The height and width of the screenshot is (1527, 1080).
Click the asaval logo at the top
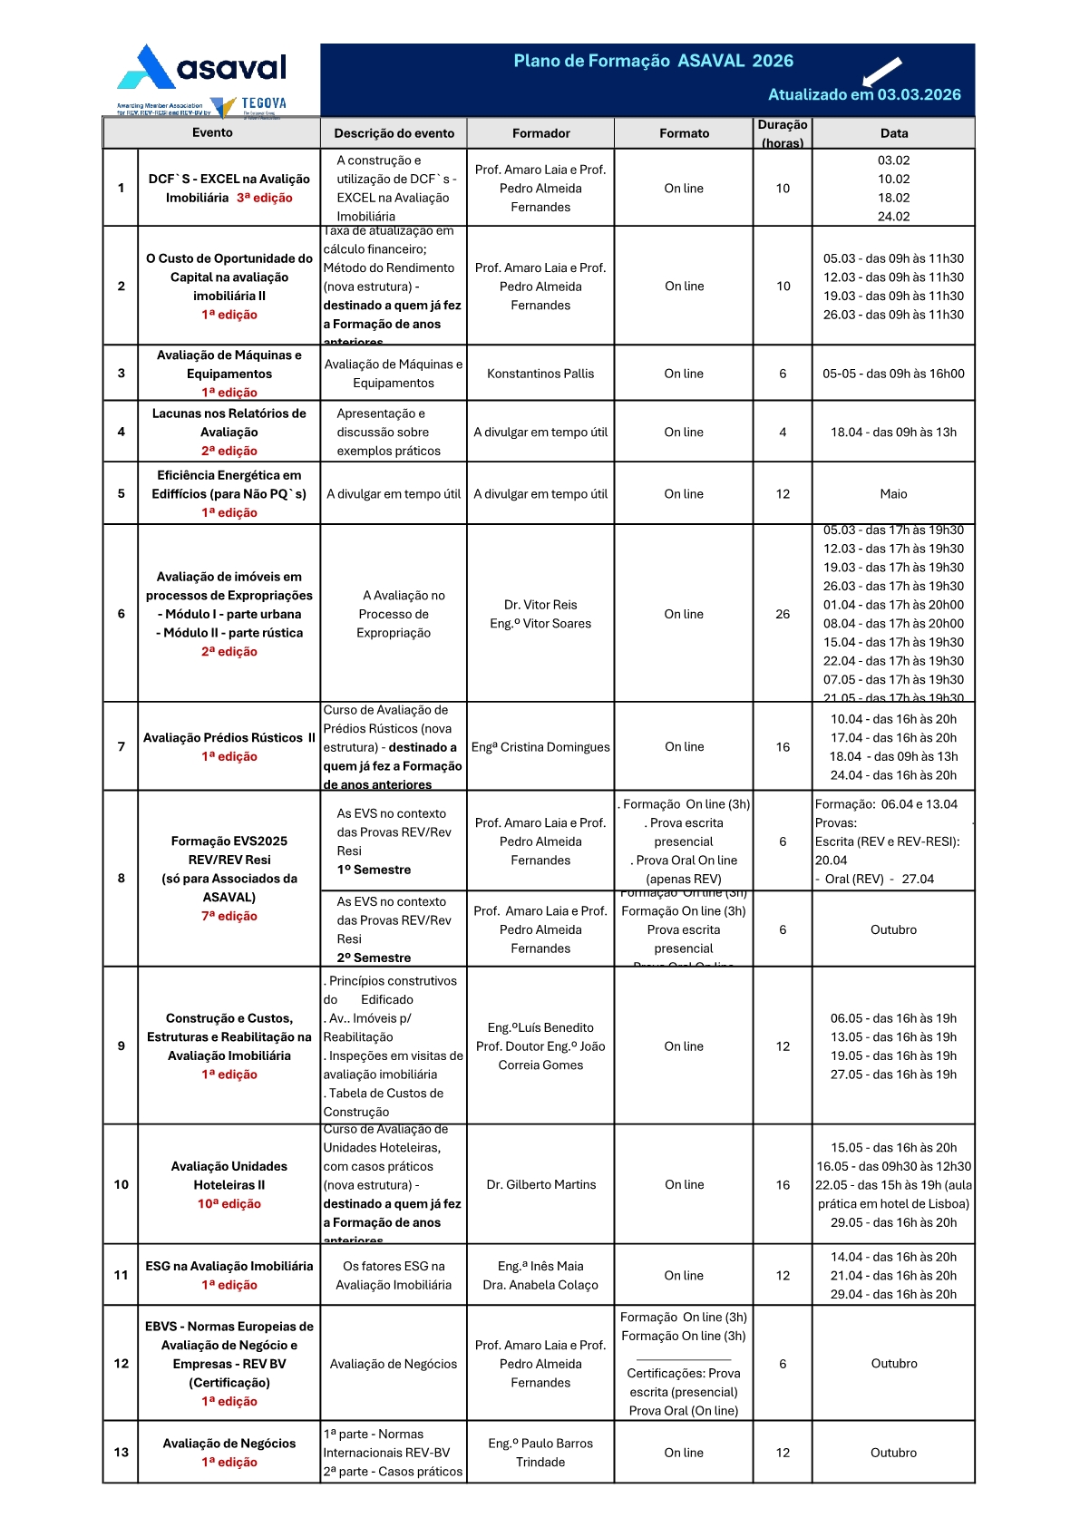coord(201,68)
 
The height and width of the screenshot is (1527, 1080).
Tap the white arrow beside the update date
coord(881,71)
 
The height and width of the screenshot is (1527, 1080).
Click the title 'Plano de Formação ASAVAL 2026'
coord(653,61)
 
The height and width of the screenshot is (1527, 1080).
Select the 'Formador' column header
coord(540,133)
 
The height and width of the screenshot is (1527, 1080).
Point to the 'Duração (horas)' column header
coord(783,133)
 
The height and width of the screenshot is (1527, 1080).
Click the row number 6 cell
coord(121,614)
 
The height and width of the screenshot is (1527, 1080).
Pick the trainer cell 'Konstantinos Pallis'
coord(540,374)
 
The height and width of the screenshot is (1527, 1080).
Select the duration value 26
coord(783,614)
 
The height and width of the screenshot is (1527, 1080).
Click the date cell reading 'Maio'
coord(893,494)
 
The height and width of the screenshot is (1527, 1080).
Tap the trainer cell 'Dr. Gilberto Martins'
coord(540,1184)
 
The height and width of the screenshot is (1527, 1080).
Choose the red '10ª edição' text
coord(229,1204)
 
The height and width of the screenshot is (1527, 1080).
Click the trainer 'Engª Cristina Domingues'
coord(540,747)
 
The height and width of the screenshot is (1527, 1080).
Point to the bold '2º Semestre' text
coord(374,958)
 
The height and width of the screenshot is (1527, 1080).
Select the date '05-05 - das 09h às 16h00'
coord(893,374)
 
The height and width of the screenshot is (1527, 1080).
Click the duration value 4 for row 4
coord(783,433)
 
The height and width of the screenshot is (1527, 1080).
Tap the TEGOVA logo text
coord(264,103)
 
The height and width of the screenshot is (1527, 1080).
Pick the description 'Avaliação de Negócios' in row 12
coord(394,1364)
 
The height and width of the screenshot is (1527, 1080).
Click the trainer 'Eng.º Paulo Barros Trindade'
coord(540,1453)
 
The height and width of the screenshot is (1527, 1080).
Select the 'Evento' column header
coord(212,132)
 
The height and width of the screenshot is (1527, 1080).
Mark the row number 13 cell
coord(121,1452)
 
